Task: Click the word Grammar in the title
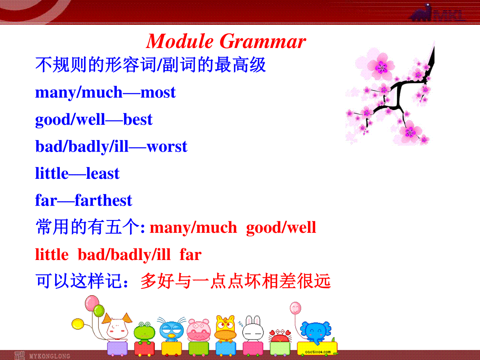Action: coord(263,41)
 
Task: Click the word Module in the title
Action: coord(180,41)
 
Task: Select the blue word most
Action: coord(158,92)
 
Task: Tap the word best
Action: coord(138,119)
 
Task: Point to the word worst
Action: coord(167,146)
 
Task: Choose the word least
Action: coord(103,173)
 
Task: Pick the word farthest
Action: coord(104,200)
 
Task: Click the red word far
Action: coord(190,255)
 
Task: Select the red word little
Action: coord(52,254)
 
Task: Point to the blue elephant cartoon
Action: coord(316,332)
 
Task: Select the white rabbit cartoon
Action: coord(253,328)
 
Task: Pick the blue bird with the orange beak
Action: coord(172,329)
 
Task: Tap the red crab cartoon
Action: coord(280,336)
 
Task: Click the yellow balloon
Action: coord(78,324)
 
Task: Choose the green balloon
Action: coord(99,311)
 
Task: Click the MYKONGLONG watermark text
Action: coord(50,356)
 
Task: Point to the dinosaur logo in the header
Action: coord(421,13)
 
